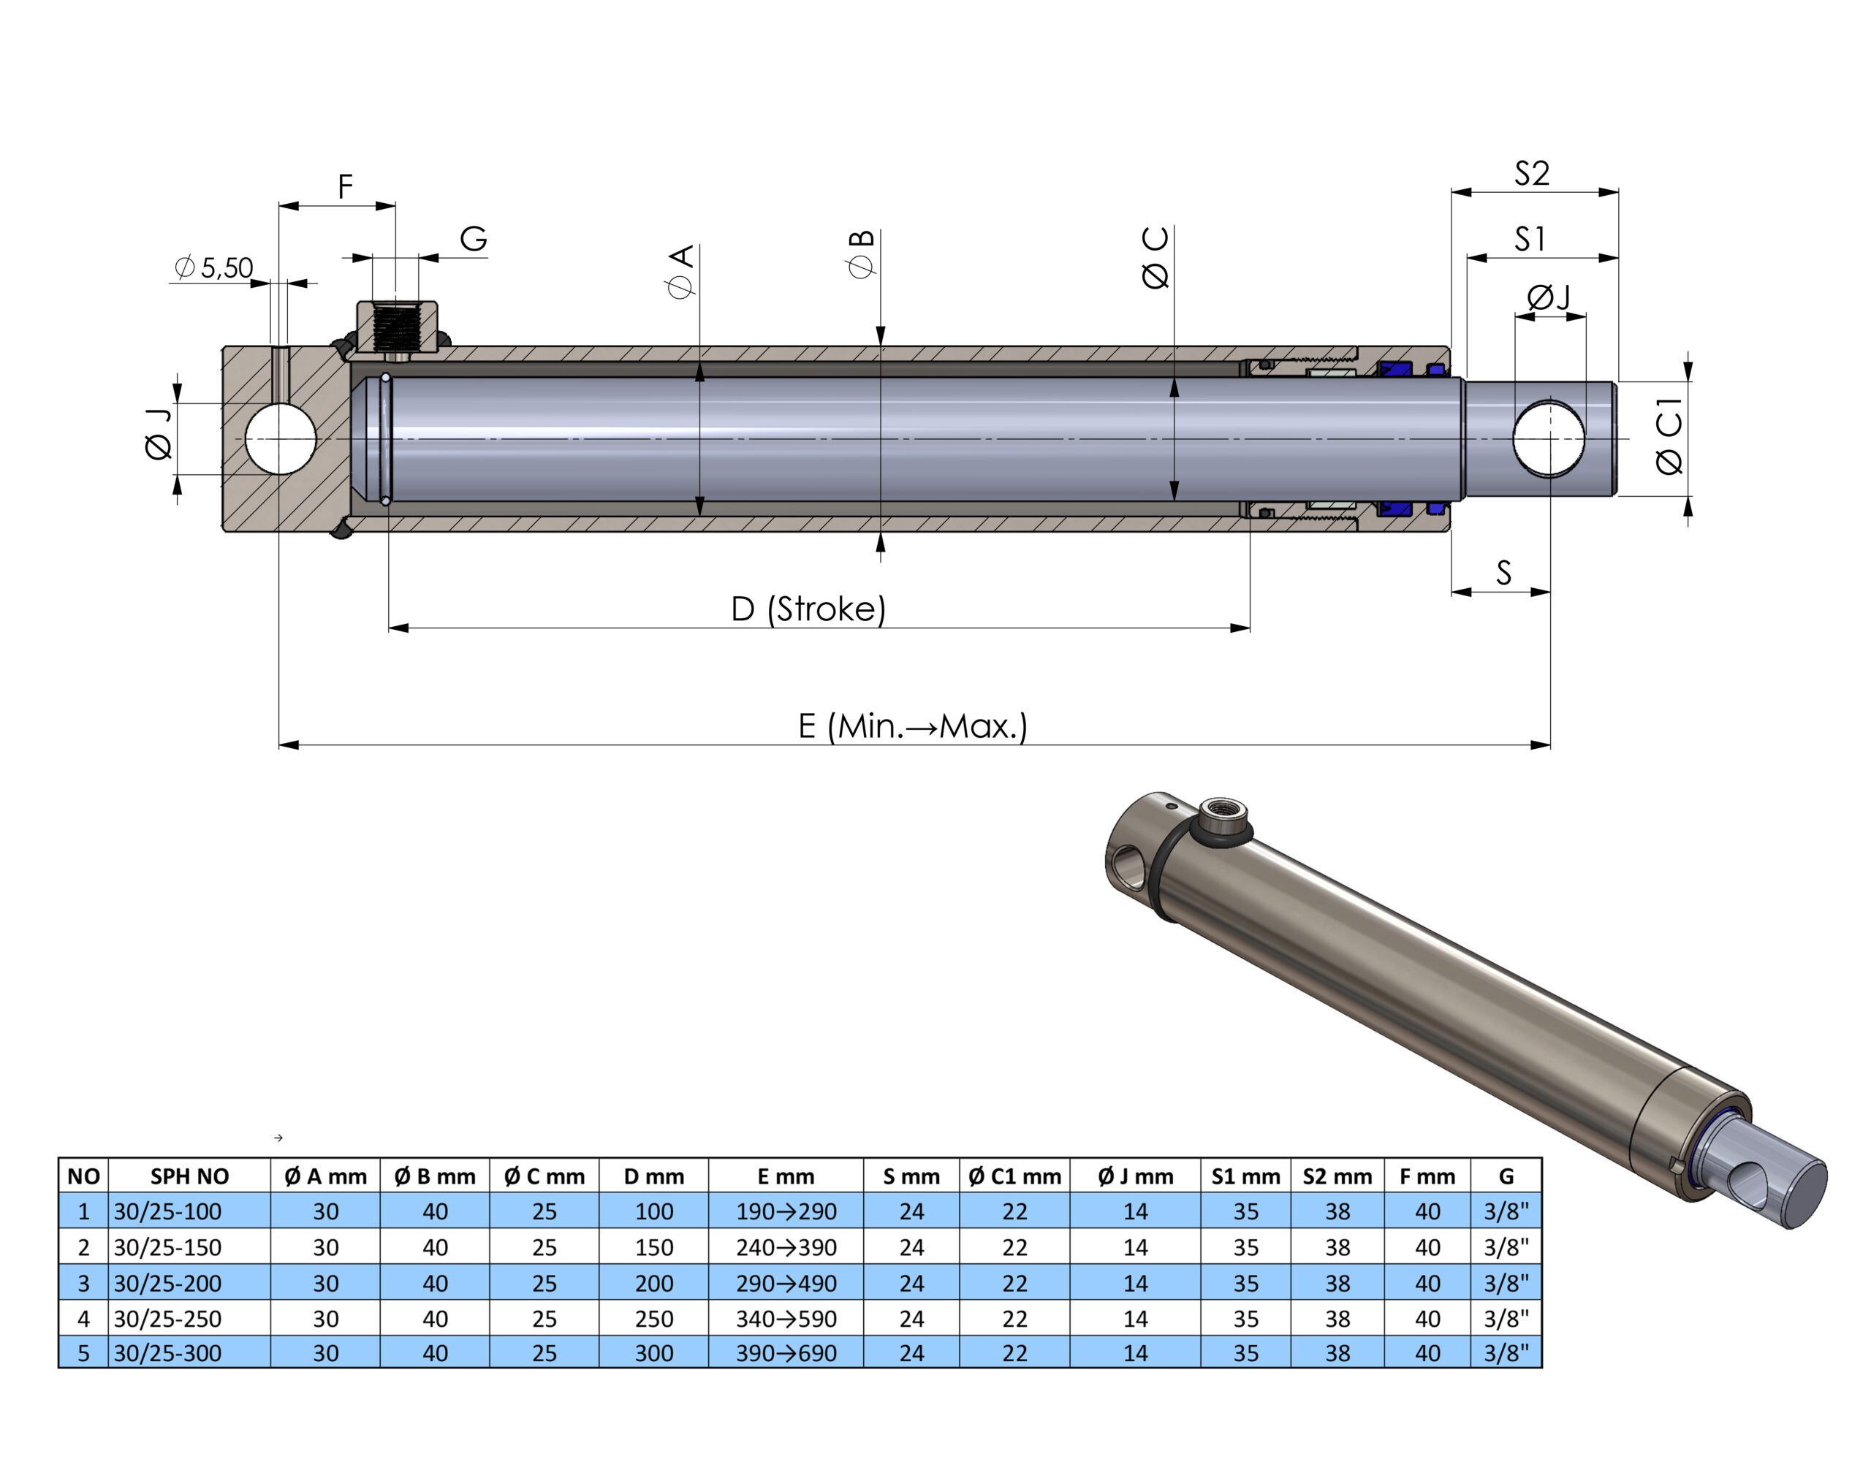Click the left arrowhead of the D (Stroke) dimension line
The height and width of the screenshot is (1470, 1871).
click(398, 628)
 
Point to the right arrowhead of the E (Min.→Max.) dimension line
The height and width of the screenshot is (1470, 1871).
click(1541, 745)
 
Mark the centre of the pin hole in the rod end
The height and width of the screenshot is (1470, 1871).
click(1549, 438)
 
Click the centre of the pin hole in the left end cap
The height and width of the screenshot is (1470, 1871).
click(281, 438)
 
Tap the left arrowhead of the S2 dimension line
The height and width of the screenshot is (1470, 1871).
click(1462, 192)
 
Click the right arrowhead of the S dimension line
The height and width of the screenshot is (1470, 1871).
click(1541, 592)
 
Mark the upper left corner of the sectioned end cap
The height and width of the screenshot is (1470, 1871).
click(223, 348)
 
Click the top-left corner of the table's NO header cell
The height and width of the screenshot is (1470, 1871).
click(59, 1159)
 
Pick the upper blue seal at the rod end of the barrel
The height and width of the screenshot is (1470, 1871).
click(1396, 369)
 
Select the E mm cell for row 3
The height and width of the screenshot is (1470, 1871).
click(786, 1282)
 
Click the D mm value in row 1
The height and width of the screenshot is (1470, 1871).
click(653, 1211)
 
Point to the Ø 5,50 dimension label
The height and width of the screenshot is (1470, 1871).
click(213, 267)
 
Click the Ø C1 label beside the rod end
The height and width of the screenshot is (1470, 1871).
click(1669, 435)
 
